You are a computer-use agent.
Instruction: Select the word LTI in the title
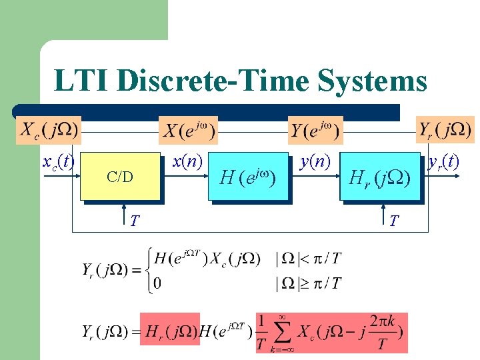[81, 81]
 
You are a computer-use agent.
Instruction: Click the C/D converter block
[120, 177]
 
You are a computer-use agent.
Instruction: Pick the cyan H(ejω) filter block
[247, 177]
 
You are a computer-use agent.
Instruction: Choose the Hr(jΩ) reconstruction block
[379, 177]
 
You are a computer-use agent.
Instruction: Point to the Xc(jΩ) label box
[49, 129]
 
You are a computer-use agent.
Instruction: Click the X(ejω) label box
[190, 130]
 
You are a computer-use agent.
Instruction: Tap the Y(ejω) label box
[315, 130]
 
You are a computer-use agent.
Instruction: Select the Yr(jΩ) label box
[445, 129]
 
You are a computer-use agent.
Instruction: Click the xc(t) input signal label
[57, 162]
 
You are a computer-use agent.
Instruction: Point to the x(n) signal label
[187, 162]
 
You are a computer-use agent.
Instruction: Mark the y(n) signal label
[314, 162]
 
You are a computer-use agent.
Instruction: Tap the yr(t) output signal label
[443, 162]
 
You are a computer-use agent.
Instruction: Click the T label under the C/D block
[135, 219]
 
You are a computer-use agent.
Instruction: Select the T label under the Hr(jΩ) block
[395, 219]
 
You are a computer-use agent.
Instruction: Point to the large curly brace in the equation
[145, 271]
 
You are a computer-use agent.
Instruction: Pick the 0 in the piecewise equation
[157, 283]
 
